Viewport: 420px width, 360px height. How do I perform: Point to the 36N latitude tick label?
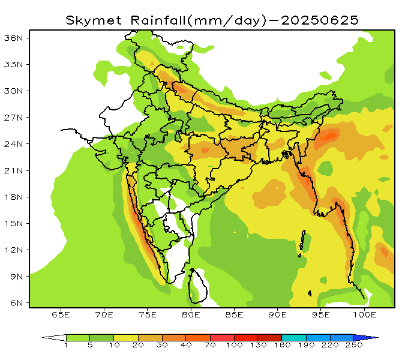tap(13, 38)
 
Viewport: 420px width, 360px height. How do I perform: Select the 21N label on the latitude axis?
tap(13, 170)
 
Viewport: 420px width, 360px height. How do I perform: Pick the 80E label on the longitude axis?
tap(191, 314)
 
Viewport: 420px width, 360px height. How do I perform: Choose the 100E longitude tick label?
tap(364, 314)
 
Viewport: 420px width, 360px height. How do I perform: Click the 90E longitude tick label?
tap(278, 314)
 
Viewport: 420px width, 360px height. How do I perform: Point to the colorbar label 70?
tap(210, 346)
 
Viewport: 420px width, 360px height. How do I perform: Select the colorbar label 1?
tap(66, 346)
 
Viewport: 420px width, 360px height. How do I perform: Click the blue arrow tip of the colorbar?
tap(372, 338)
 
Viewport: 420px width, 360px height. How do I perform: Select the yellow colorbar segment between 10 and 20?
tap(126, 338)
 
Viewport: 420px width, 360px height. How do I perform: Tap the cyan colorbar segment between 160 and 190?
tap(293, 338)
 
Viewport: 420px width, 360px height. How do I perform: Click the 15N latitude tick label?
tap(13, 223)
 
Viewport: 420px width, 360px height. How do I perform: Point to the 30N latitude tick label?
tap(13, 91)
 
